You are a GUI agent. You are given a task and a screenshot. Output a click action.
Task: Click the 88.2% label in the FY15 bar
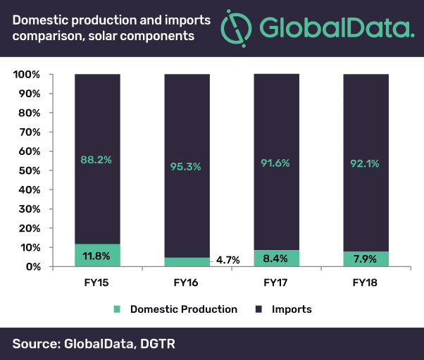tap(97, 159)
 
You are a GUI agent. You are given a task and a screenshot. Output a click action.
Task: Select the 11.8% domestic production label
tap(97, 254)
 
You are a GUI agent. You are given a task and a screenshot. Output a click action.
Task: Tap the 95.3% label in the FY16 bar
tap(187, 166)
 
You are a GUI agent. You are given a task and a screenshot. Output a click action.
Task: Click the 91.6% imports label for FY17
tap(276, 163)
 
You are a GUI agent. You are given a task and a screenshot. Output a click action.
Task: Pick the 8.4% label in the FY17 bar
tap(276, 258)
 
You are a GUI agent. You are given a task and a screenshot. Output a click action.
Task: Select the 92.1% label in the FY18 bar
tap(366, 163)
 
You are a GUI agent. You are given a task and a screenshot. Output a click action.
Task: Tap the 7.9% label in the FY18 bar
tap(366, 259)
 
